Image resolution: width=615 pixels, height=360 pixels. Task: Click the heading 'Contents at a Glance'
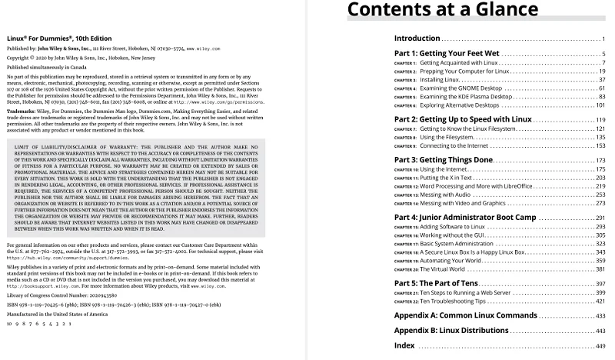coord(442,10)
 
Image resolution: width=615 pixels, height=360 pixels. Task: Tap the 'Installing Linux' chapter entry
coord(441,79)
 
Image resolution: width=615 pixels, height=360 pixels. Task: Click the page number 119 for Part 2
coord(600,121)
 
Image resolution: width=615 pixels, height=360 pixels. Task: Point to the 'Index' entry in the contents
coord(404,345)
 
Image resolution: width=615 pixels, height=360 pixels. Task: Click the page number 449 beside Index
coord(600,345)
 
